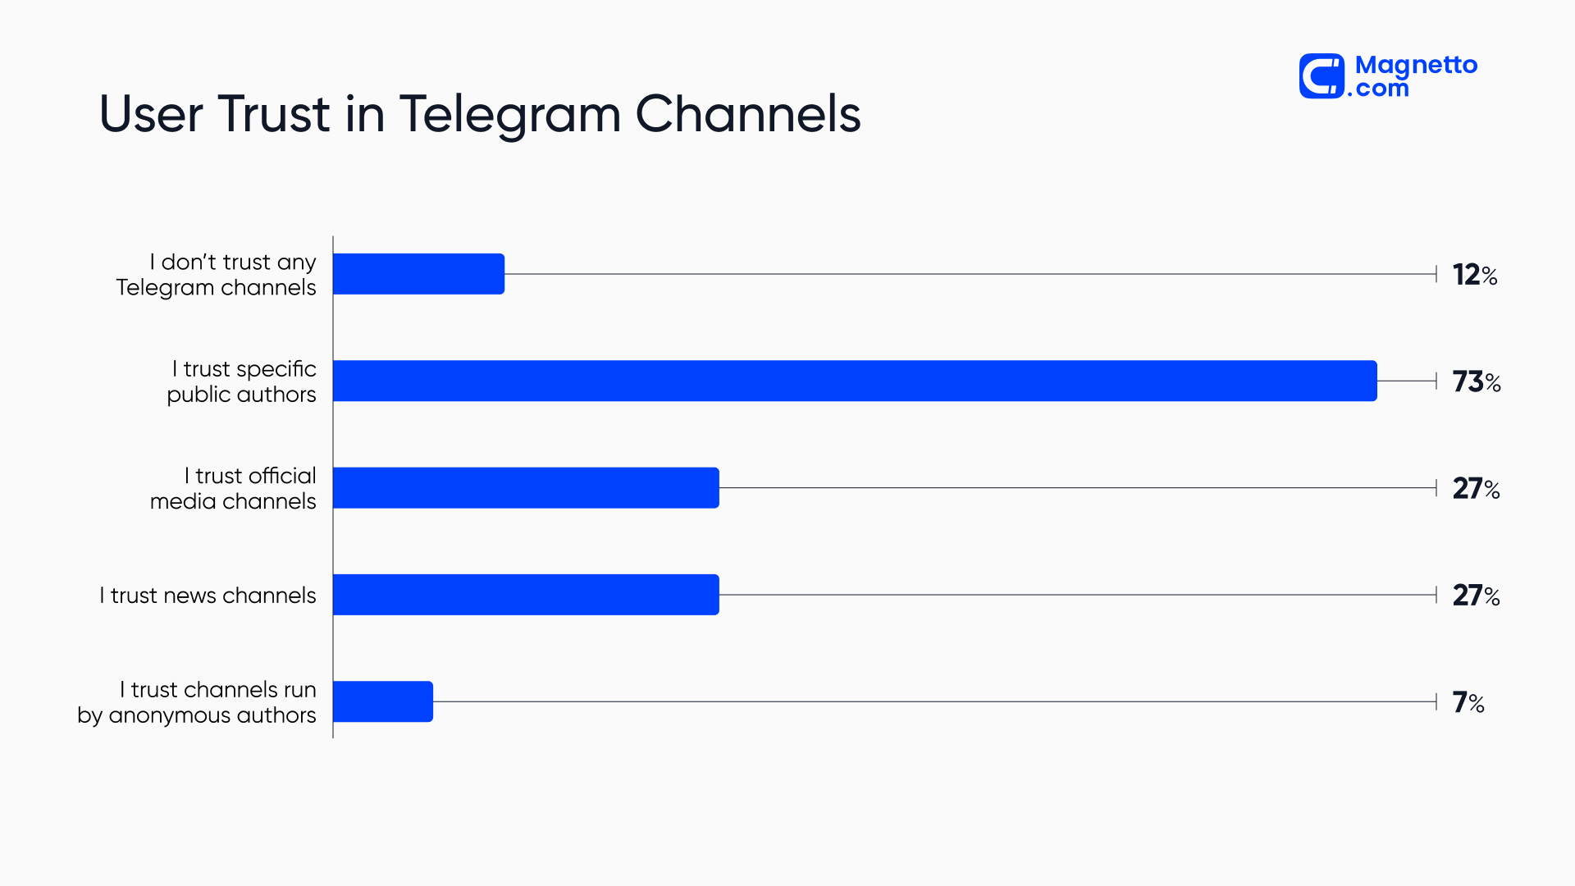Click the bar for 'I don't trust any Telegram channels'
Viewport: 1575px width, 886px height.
click(x=418, y=274)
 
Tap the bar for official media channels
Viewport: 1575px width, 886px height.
click(x=526, y=488)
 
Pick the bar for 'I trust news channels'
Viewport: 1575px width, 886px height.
click(x=526, y=595)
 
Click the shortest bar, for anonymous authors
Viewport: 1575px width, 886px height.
click(x=383, y=701)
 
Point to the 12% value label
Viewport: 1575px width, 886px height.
click(x=1475, y=275)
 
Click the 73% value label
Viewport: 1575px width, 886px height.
click(x=1477, y=381)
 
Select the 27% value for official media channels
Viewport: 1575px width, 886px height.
click(x=1477, y=489)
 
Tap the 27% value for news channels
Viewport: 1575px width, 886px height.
click(x=1477, y=596)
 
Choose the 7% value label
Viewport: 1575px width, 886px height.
click(x=1468, y=702)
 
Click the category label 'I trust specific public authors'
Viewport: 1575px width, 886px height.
click(x=242, y=381)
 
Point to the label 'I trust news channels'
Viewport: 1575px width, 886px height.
click(x=208, y=596)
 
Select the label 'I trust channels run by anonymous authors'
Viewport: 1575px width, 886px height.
click(x=198, y=702)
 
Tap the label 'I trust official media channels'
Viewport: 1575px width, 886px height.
click(x=234, y=489)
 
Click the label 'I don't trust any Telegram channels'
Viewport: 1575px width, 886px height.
click(x=217, y=275)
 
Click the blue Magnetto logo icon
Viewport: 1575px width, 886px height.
click(x=1322, y=76)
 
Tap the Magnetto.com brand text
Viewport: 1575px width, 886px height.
click(x=1416, y=76)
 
